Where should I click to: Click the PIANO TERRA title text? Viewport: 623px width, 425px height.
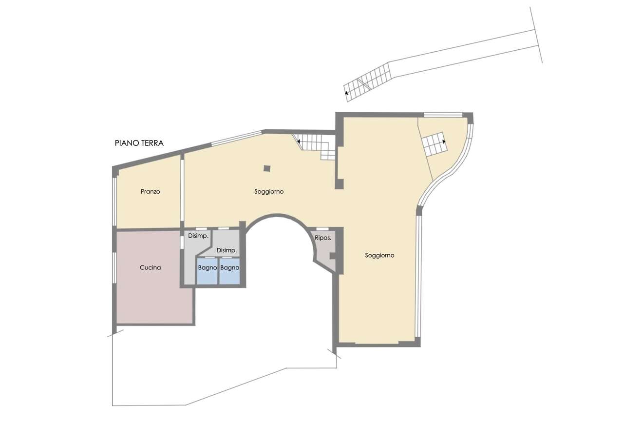tap(139, 143)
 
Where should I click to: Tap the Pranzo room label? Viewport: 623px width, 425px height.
tap(150, 191)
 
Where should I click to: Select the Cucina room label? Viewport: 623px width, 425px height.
tap(150, 267)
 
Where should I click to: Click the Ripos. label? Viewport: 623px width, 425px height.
tap(323, 238)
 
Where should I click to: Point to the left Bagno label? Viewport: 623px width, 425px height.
tap(208, 267)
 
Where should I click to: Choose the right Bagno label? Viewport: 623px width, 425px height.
tap(230, 267)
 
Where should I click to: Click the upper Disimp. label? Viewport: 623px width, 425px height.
tap(198, 236)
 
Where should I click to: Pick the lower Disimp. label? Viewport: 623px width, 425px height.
tap(227, 250)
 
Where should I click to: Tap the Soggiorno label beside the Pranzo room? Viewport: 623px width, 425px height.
tap(269, 191)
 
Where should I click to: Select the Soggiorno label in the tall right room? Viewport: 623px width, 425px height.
tap(379, 255)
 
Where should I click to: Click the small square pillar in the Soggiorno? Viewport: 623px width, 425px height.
tap(267, 168)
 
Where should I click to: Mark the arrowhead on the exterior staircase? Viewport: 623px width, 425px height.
tap(346, 93)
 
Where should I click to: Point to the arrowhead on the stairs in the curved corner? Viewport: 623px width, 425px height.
tap(444, 142)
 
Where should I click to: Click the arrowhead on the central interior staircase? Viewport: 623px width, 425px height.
tap(299, 142)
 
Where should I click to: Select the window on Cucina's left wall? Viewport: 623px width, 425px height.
tap(114, 268)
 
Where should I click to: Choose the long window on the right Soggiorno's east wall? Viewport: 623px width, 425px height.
tap(418, 276)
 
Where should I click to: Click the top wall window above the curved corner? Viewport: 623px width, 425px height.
tap(443, 115)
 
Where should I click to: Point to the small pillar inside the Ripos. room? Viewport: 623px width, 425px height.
tap(333, 256)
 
